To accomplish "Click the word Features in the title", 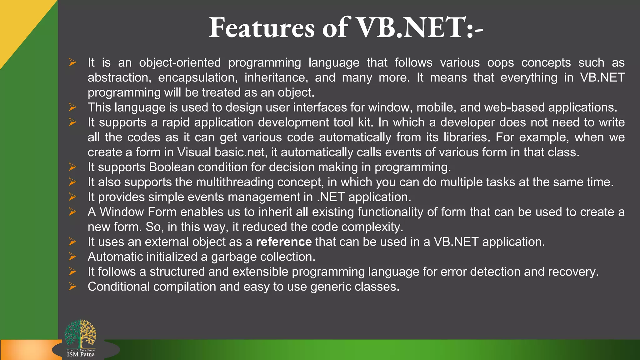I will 261,28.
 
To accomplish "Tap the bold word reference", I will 283,242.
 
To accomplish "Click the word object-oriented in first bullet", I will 180,63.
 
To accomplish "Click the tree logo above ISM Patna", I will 80,333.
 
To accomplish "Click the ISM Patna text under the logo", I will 81,354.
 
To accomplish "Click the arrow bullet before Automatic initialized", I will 72,257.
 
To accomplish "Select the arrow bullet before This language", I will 72,107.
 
